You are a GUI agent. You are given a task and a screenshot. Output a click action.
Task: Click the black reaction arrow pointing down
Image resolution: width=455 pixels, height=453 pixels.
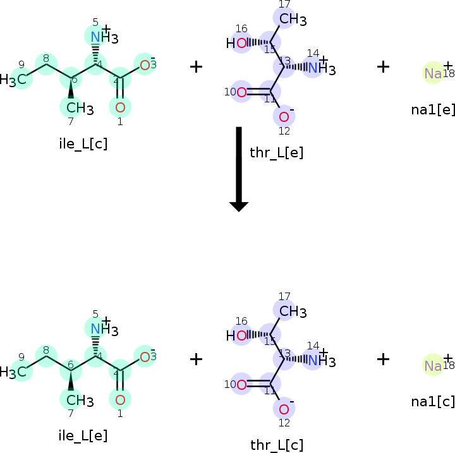coord(239,168)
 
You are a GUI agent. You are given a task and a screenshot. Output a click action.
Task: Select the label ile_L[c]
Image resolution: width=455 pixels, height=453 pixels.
coord(83,143)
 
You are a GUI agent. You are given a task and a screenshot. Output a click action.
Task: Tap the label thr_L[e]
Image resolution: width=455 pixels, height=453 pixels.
coord(277,152)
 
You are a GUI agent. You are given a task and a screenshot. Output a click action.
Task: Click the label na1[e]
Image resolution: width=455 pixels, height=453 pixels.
coord(432,109)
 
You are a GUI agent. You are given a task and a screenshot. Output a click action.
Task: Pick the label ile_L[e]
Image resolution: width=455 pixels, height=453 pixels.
coord(83,435)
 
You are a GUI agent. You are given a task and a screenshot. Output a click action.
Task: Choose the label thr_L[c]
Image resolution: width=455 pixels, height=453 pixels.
coord(277,445)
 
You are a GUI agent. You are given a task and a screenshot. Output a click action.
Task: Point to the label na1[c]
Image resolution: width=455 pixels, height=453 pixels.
coord(432,402)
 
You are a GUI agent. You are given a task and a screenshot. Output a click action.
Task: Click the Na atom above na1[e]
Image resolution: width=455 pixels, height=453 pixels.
coord(433,73)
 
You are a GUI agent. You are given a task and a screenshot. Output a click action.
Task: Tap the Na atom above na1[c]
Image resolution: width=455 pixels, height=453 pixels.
coord(433,366)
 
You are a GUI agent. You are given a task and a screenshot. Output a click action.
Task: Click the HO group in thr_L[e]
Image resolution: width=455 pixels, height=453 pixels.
coord(238,43)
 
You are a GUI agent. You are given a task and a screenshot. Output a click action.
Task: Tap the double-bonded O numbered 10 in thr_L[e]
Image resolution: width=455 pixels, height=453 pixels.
coord(241,92)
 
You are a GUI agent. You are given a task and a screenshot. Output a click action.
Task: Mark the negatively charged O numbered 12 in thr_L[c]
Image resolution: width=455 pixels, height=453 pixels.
coord(284,409)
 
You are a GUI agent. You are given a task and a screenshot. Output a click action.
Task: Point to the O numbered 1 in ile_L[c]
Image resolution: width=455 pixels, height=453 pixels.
coord(120,107)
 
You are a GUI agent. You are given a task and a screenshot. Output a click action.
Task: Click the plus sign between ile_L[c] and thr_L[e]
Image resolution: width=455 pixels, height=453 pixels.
coord(197,66)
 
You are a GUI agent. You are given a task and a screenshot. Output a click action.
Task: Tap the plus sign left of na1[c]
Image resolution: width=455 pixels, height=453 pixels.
coord(383,359)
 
